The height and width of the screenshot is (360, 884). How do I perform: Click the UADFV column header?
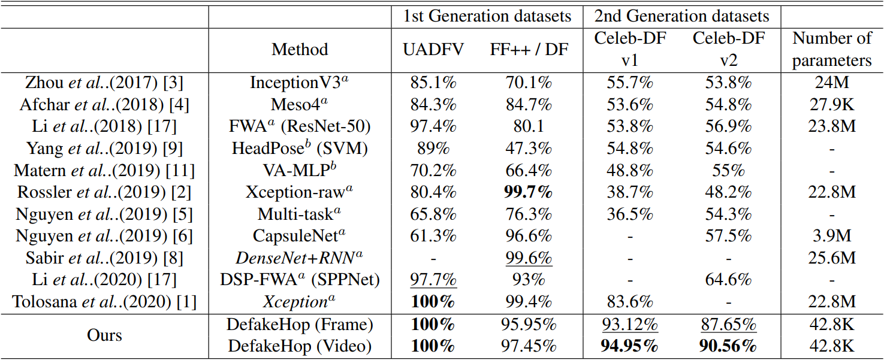pos(433,50)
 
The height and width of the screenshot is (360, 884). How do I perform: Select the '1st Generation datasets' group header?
pos(487,16)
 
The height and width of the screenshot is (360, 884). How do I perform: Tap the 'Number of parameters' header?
pos(832,49)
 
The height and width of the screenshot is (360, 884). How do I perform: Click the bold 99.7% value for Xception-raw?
pos(529,192)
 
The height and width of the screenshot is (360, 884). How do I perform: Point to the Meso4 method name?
pos(299,104)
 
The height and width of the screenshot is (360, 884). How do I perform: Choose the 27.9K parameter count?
pos(832,104)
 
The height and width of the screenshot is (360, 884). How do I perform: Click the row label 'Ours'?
pos(104,335)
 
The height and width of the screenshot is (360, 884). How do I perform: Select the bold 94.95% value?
pos(629,346)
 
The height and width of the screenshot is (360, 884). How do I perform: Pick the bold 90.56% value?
pos(728,346)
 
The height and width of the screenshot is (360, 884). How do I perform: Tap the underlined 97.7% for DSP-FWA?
pos(433,280)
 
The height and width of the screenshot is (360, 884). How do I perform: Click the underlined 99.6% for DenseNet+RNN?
pos(529,258)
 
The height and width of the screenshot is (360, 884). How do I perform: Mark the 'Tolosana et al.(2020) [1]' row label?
pos(104,302)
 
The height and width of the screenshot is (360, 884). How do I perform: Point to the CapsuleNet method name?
pos(299,236)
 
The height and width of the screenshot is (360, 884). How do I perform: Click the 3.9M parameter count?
pos(832,236)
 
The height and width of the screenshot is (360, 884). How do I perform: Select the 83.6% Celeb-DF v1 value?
pos(629,302)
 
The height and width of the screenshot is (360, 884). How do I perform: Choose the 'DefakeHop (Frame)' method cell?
pos(300,325)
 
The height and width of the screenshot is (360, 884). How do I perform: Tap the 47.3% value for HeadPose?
pos(529,149)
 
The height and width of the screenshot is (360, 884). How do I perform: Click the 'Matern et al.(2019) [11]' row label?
pos(104,170)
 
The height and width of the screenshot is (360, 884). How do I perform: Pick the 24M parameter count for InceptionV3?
pos(832,83)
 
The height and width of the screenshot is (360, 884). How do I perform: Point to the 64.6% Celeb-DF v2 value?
pos(728,280)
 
